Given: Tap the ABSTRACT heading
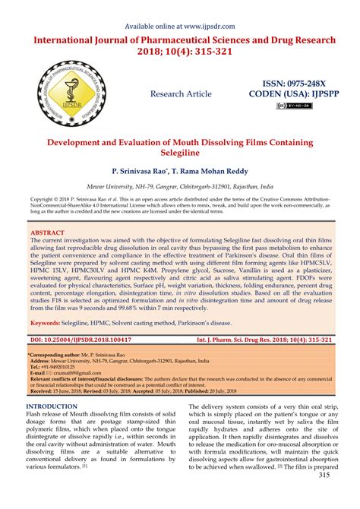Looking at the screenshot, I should click(49, 232).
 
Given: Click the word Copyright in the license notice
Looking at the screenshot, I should click(41, 201).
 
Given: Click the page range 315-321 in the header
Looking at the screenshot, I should click(227, 51).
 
